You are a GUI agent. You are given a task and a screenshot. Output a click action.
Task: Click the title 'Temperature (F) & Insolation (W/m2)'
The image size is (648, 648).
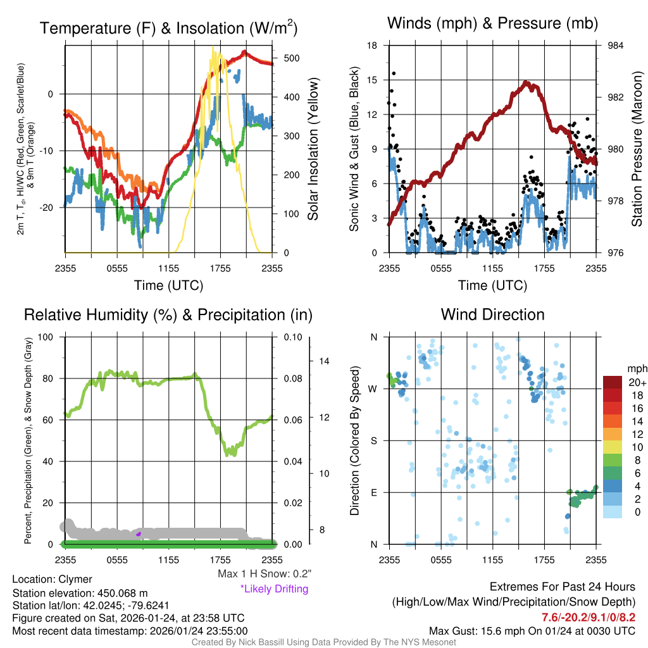click(168, 28)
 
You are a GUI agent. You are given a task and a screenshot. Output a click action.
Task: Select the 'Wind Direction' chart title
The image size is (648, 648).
click(492, 315)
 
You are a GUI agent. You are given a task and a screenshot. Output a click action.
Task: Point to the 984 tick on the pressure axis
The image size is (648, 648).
click(616, 46)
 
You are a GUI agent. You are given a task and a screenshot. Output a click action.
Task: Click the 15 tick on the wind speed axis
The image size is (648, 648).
click(373, 80)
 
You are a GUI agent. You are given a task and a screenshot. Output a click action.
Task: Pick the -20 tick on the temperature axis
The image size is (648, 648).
click(53, 207)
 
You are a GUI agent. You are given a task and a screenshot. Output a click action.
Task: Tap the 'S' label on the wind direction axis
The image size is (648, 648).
click(373, 440)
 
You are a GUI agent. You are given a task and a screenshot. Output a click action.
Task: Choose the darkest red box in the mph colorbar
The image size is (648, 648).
click(613, 383)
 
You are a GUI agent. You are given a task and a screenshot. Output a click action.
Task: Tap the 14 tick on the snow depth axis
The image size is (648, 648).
click(324, 361)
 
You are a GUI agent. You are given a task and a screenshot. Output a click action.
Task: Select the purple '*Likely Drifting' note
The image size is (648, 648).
click(274, 589)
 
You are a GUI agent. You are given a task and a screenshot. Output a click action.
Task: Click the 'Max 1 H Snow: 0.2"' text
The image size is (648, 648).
click(265, 574)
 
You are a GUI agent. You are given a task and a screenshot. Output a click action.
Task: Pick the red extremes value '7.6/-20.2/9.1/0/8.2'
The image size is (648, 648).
click(588, 616)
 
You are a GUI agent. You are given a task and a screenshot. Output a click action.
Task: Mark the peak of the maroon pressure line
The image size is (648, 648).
click(525, 82)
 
